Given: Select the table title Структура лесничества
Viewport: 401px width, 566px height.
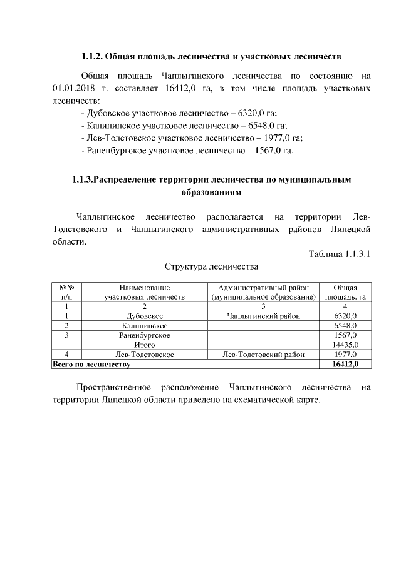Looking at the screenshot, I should click(x=211, y=267).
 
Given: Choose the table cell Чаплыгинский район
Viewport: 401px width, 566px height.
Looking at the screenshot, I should click(x=264, y=316).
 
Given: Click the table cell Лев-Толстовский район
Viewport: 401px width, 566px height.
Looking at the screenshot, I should click(x=264, y=354).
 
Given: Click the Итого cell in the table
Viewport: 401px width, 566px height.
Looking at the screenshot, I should click(x=145, y=345).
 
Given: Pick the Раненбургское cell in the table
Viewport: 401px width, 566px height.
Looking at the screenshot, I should click(x=145, y=335).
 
